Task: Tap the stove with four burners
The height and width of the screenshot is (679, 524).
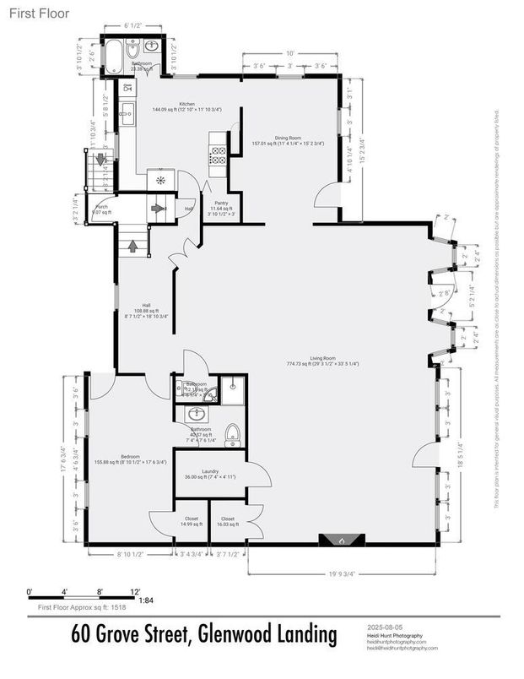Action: tap(217, 155)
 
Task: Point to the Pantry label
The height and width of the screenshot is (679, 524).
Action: tap(222, 203)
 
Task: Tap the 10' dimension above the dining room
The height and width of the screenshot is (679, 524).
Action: tap(289, 53)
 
